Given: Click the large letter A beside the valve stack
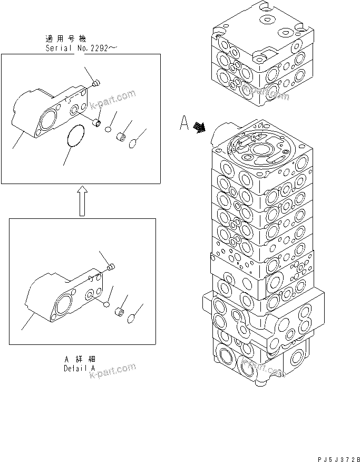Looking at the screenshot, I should (184, 124).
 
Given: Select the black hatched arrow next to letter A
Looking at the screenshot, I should (199, 128).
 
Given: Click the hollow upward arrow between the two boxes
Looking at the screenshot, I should (82, 201).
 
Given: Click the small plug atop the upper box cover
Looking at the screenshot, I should (95, 82).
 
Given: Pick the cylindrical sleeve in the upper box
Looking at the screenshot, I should (97, 123).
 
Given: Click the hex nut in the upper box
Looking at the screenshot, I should (121, 137).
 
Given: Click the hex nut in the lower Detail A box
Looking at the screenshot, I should (120, 313).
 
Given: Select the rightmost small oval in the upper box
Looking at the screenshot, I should (134, 142).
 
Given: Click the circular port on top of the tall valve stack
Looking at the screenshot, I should (261, 150).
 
